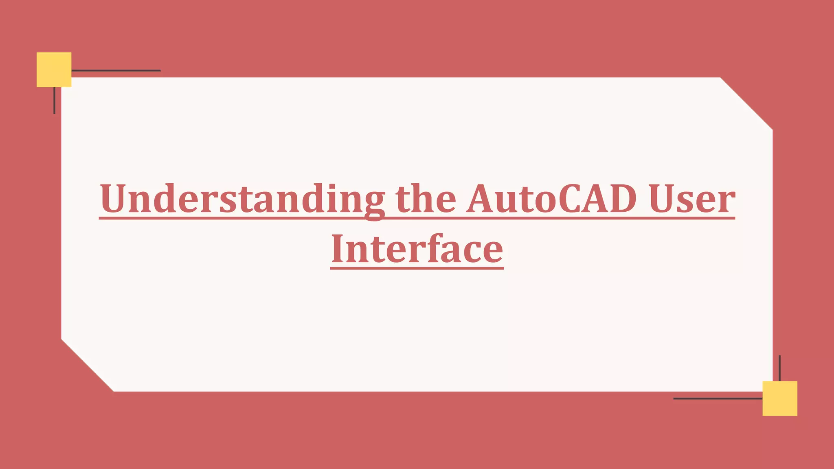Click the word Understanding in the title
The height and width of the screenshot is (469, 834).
pos(242,199)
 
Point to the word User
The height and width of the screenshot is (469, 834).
pos(692,199)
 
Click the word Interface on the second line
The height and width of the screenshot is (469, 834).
pos(417,249)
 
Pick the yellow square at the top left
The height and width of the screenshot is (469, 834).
pos(54,70)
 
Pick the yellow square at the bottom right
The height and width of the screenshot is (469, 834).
pos(779,398)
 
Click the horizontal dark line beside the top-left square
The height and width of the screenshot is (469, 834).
pos(116,70)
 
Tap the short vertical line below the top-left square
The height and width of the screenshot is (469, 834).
pos(54,100)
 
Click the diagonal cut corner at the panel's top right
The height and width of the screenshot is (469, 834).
pos(746,103)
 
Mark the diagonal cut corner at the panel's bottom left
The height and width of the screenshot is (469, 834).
pos(88,365)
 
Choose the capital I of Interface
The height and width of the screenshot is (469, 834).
pos(339,249)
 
